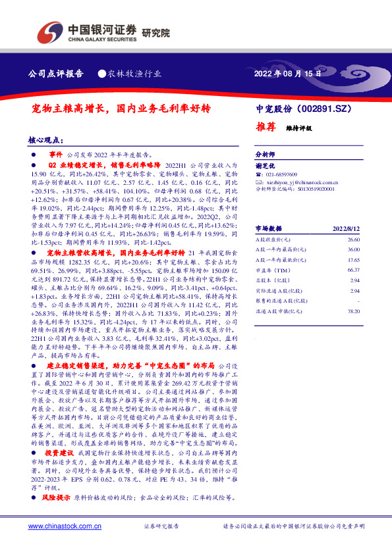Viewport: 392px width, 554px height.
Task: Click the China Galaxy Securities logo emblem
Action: pos(50,31)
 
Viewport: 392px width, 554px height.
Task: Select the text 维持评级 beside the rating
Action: pos(298,128)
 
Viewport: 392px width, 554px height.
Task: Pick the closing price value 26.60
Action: pos(354,240)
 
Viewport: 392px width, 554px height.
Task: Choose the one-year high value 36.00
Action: pos(354,250)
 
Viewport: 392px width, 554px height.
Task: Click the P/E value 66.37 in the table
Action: pos(354,270)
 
